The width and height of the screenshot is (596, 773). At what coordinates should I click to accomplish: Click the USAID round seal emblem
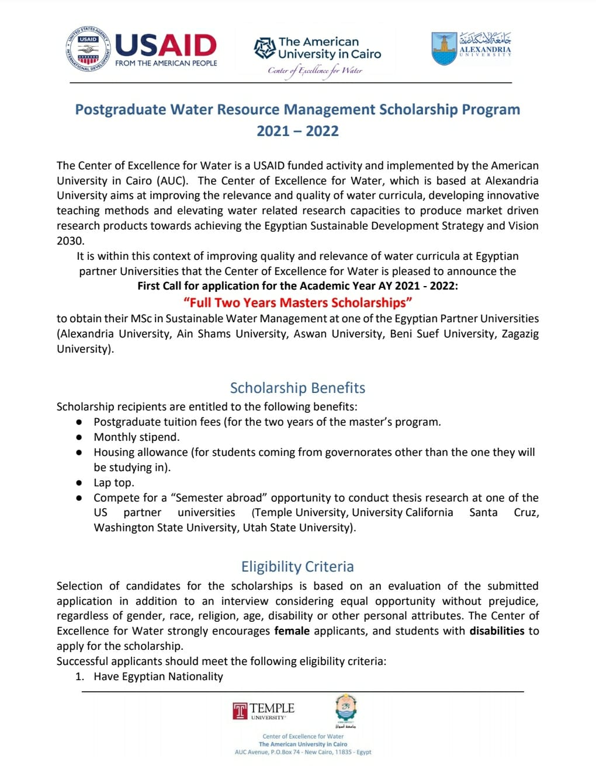click(x=88, y=49)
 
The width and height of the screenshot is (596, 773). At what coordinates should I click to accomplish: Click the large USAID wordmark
click(x=166, y=46)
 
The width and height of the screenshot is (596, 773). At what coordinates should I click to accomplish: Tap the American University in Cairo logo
click(x=317, y=48)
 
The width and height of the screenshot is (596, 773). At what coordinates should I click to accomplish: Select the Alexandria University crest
click(x=444, y=48)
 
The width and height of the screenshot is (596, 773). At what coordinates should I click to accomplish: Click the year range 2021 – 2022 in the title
click(x=297, y=131)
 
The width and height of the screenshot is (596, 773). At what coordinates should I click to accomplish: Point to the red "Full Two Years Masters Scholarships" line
click(x=297, y=302)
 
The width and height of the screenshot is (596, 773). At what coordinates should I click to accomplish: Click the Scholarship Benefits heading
click(x=297, y=388)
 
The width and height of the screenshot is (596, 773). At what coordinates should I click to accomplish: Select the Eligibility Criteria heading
click(x=297, y=566)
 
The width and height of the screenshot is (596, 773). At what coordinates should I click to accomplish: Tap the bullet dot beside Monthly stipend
click(x=79, y=437)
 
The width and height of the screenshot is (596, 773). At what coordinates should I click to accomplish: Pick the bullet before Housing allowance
click(x=79, y=452)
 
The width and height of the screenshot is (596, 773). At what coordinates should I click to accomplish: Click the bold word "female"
click(x=292, y=631)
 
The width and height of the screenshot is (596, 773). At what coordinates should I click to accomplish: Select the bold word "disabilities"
click(x=497, y=631)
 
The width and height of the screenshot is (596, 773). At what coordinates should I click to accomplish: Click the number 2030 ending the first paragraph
click(x=70, y=241)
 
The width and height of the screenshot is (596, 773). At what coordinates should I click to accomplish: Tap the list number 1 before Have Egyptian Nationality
click(x=79, y=676)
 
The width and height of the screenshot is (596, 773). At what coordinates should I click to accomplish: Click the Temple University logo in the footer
click(x=264, y=710)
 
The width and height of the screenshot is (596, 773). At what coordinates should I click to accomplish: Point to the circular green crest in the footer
click(x=346, y=708)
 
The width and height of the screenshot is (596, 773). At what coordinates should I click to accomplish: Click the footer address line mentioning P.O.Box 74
click(x=303, y=752)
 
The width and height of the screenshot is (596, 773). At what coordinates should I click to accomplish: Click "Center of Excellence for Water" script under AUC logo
click(x=315, y=71)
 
